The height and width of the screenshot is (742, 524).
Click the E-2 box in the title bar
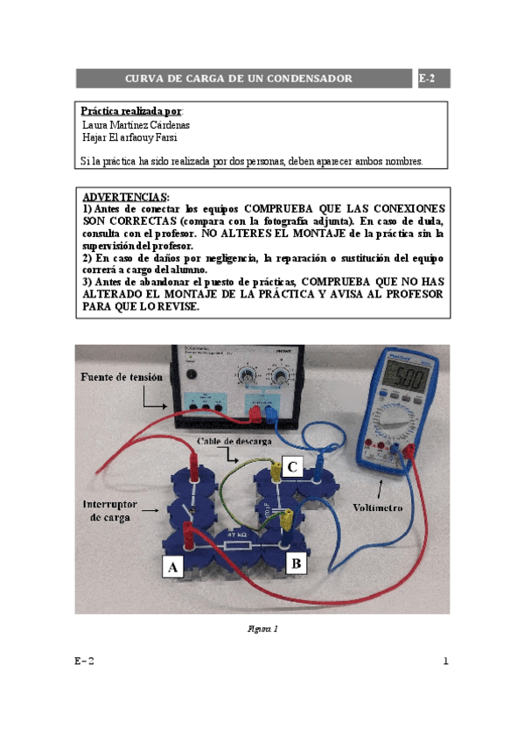click(x=433, y=79)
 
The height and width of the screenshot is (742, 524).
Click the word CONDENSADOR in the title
click(x=307, y=79)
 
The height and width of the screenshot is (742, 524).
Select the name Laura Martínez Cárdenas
click(x=136, y=125)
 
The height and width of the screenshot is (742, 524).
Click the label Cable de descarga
click(x=234, y=439)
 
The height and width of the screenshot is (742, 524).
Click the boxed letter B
click(x=297, y=563)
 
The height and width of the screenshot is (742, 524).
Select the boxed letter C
click(x=294, y=468)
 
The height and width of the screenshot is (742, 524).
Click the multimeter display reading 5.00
click(x=409, y=381)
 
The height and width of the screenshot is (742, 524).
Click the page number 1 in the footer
click(x=444, y=661)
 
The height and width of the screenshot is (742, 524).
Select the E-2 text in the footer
click(x=84, y=661)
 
